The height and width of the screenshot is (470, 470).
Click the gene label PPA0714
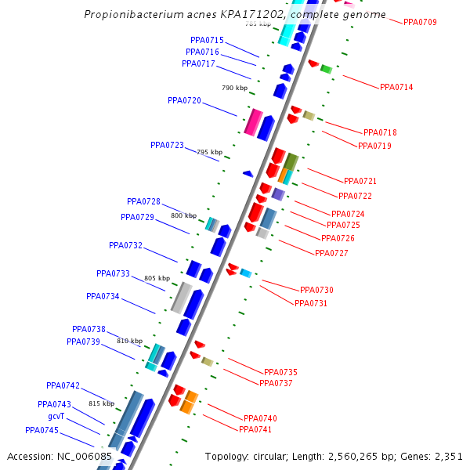396,87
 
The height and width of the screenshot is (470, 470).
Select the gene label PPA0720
184,100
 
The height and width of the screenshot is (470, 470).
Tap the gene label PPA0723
167,145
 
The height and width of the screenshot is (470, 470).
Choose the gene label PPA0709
420,22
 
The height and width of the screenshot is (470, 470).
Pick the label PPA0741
255,429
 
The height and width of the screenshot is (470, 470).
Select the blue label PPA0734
103,296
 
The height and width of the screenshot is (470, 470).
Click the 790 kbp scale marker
234,88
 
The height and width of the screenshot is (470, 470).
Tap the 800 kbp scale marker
183,215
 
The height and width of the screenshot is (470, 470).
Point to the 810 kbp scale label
129,341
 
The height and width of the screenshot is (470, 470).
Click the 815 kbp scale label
101,403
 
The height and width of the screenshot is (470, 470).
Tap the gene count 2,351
447,456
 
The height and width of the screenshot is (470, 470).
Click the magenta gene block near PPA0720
253,122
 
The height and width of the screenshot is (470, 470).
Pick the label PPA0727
331,253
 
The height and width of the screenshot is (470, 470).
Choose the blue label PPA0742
63,385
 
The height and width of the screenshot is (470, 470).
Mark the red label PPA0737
275,383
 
